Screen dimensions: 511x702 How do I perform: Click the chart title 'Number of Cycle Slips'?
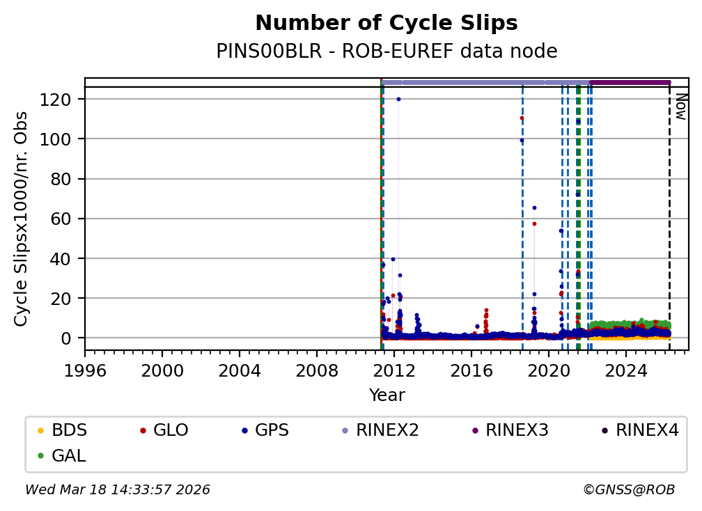click(387, 24)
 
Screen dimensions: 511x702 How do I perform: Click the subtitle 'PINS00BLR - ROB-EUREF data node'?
click(387, 52)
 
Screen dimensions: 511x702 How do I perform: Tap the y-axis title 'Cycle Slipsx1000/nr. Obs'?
click(22, 219)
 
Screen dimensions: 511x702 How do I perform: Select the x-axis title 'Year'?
click(387, 396)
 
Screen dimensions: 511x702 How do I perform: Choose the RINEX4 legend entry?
click(647, 430)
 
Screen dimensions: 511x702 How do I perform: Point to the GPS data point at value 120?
click(398, 99)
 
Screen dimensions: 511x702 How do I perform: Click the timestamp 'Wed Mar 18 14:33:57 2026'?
click(118, 490)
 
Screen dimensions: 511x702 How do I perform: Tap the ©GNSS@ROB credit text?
click(629, 490)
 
